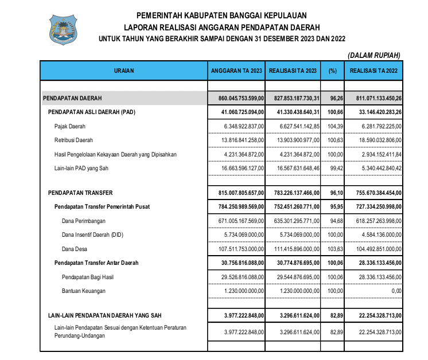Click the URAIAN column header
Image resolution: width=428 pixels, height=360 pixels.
click(x=123, y=71)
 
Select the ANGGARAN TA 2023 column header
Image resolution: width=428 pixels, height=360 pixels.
click(x=236, y=71)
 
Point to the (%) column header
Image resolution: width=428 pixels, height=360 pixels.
click(x=332, y=71)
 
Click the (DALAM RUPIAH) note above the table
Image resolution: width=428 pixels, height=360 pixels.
click(x=373, y=55)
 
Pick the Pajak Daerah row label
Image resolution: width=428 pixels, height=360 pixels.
click(x=69, y=126)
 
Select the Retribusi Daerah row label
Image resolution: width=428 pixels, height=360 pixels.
click(x=73, y=140)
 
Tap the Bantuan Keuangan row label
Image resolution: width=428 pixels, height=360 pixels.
click(x=84, y=291)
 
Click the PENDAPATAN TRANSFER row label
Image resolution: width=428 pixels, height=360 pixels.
click(x=80, y=193)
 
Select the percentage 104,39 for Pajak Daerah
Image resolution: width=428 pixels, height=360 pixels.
click(x=332, y=126)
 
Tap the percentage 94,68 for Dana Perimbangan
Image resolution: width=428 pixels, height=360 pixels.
click(x=332, y=221)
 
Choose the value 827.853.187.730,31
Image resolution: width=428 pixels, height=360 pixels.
click(x=293, y=99)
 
